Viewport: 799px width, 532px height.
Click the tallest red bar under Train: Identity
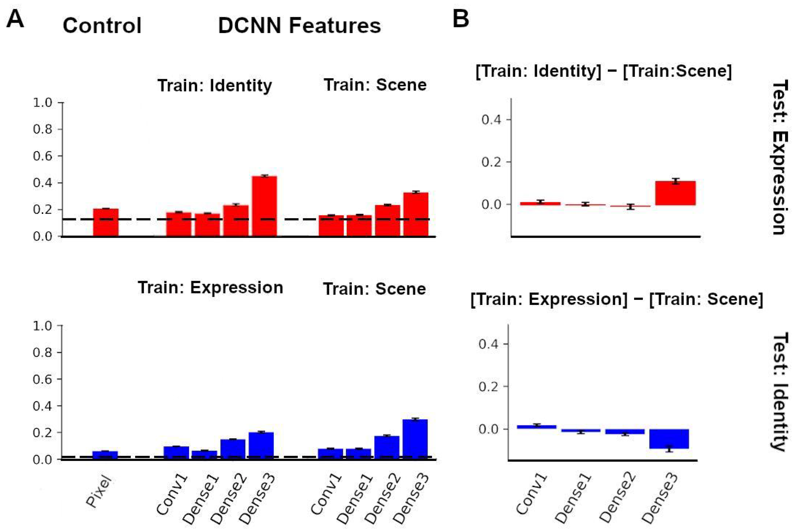(x=265, y=206)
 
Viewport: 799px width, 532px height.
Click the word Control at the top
(x=102, y=26)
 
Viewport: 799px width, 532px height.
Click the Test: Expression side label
(x=780, y=157)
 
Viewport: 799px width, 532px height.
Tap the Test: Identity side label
(x=780, y=392)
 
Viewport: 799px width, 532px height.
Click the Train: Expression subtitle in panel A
(x=210, y=288)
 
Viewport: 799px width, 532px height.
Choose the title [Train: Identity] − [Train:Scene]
(x=604, y=71)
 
